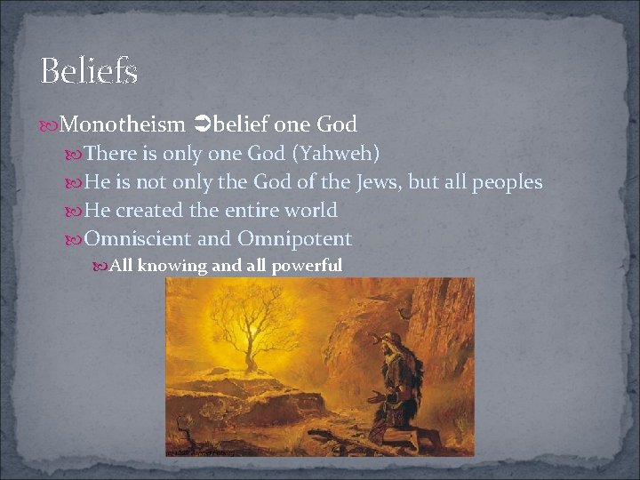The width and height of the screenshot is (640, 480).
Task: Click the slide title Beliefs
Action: [x=89, y=71]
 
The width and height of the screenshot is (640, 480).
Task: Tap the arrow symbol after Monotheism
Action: [x=199, y=124]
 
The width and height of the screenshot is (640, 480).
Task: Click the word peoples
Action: [x=508, y=183]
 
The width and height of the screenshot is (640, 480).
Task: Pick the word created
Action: [x=148, y=211]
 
